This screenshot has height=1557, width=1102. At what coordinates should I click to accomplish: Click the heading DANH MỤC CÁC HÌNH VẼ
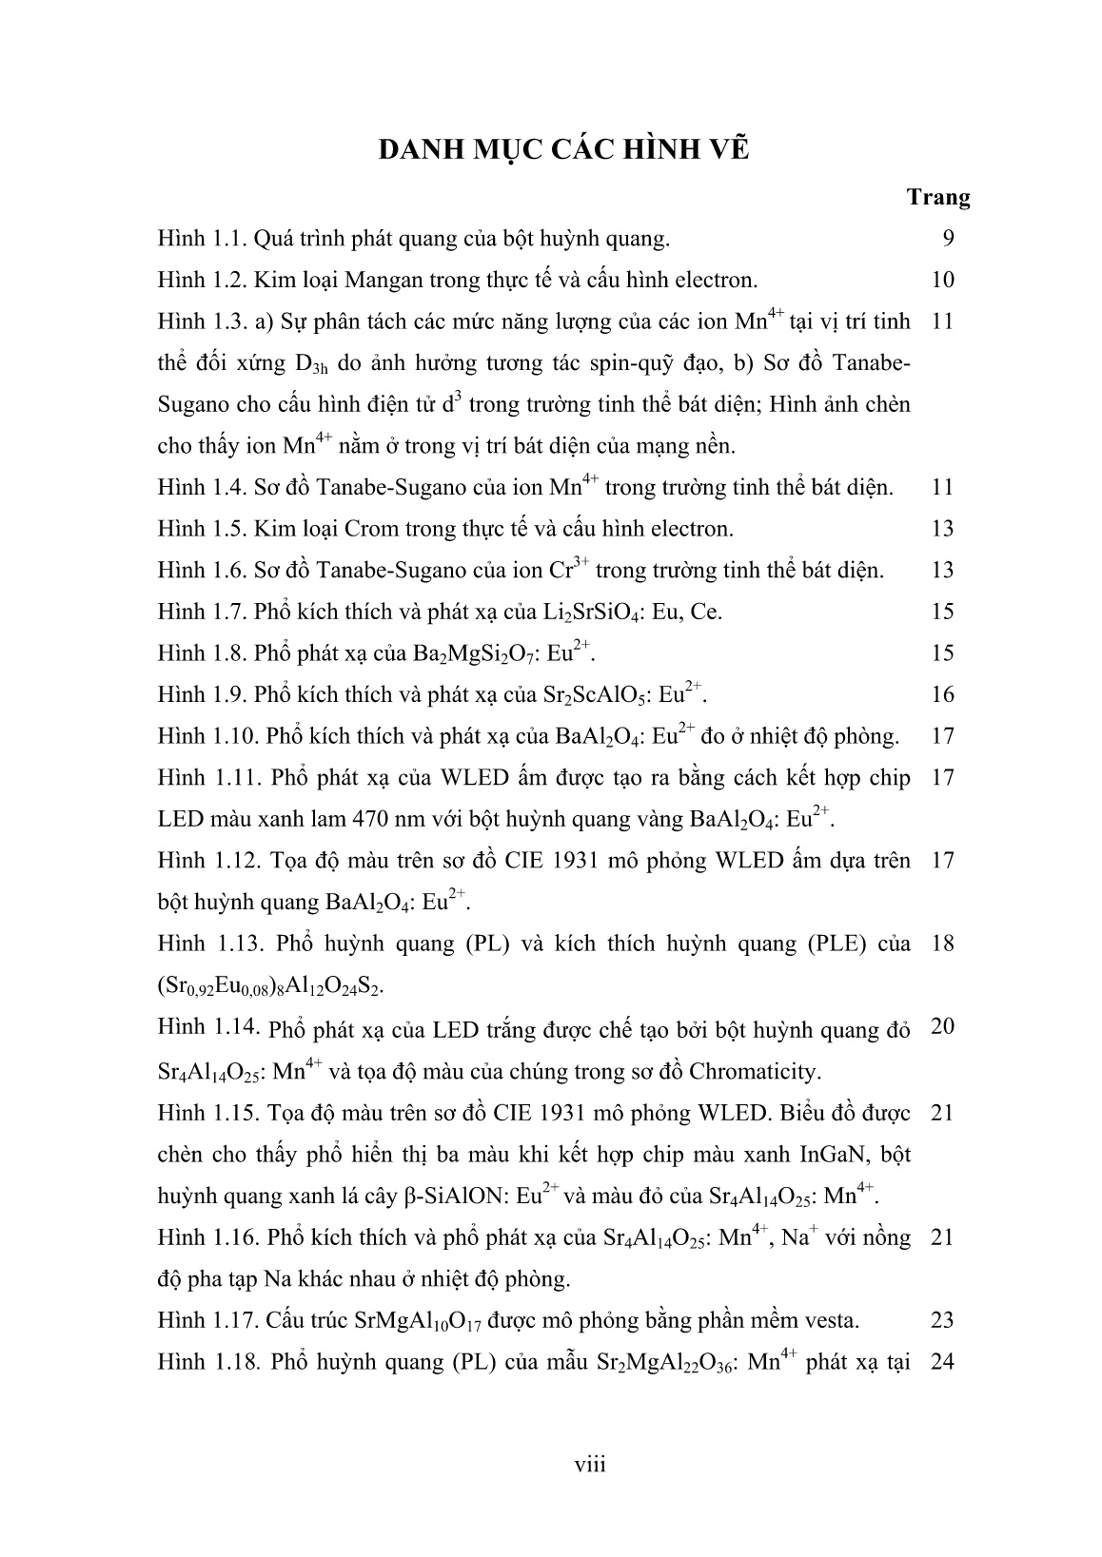pos(564,149)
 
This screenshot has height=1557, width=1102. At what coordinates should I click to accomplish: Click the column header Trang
pos(937,198)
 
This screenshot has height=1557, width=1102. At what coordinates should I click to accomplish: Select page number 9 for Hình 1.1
pos(948,238)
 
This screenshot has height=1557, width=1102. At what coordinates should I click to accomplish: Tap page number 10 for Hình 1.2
pos(942,280)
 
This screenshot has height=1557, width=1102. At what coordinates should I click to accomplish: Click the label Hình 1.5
pos(200,529)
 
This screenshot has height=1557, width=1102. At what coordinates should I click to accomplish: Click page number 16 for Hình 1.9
pos(942,694)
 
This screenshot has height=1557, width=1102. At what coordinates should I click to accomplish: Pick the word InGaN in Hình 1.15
pos(836,1155)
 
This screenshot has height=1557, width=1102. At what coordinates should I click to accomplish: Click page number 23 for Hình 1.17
pos(942,1320)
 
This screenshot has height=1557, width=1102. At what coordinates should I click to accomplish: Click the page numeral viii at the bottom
pos(590,1464)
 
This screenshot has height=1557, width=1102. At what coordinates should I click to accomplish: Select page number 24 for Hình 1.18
pos(942,1362)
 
